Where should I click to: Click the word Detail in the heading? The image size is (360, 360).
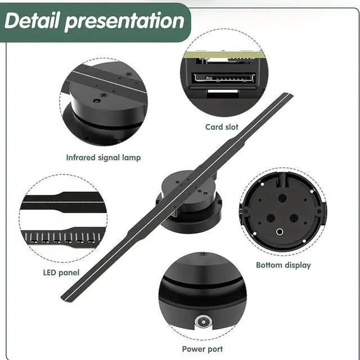[x=32, y=21]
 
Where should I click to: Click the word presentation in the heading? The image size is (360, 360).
[x=124, y=22]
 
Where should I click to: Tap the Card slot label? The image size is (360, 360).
[x=222, y=127]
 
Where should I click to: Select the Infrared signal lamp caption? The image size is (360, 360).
[x=103, y=157]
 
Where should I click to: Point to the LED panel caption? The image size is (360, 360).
[x=61, y=272]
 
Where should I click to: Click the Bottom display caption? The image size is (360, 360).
[x=283, y=265]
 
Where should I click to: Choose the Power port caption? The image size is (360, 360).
[x=202, y=349]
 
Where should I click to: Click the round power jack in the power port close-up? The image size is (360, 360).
[x=204, y=322]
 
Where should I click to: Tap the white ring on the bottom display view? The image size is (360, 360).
[x=280, y=232]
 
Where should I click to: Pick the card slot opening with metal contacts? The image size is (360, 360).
[x=224, y=78]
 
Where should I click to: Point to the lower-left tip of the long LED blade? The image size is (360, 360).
[x=62, y=298]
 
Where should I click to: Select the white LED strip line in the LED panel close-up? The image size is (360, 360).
[x=63, y=202]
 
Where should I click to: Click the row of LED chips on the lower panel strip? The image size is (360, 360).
[x=62, y=237]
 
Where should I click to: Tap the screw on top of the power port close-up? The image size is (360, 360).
[x=202, y=254]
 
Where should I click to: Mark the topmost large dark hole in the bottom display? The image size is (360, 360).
[x=282, y=197]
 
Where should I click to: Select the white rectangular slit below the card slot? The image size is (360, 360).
[x=223, y=92]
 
